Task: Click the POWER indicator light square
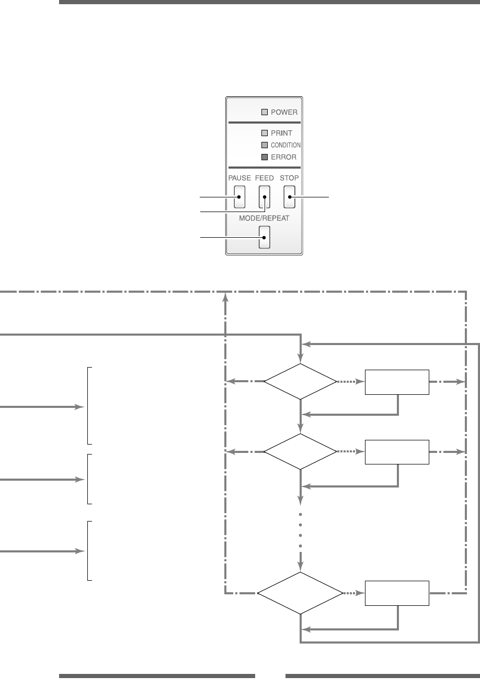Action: (x=265, y=112)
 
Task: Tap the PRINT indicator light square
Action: (x=265, y=133)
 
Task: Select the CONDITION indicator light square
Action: (x=265, y=145)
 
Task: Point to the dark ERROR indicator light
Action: (x=265, y=157)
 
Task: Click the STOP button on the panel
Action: (x=289, y=197)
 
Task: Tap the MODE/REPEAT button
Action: (x=265, y=237)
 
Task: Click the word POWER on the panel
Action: (x=284, y=112)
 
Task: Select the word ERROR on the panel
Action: (x=283, y=157)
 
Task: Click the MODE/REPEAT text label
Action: (x=264, y=218)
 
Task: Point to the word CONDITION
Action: (x=285, y=145)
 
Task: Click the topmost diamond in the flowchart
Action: (x=300, y=382)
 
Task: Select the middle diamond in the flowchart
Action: (x=300, y=451)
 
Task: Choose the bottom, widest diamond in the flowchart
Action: (x=300, y=593)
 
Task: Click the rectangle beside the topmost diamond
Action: (x=397, y=382)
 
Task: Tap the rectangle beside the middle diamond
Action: (x=397, y=452)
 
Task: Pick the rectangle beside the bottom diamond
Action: (x=397, y=593)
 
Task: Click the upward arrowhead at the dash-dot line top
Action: (x=225, y=297)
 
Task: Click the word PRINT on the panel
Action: (x=281, y=133)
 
